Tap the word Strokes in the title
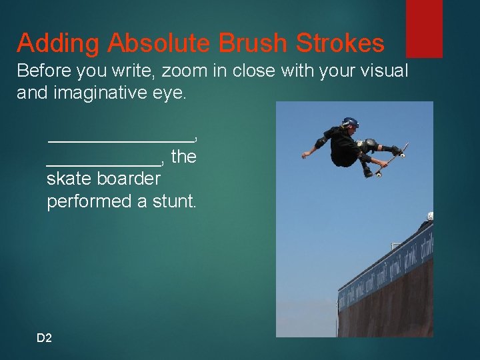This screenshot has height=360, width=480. [339, 43]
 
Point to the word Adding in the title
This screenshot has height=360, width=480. [59, 43]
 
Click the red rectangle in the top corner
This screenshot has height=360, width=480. [424, 29]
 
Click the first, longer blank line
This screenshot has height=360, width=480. [120, 139]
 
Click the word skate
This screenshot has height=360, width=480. [69, 179]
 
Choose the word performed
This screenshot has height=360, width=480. [89, 201]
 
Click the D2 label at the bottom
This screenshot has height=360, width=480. [44, 338]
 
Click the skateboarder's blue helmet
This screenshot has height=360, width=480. [351, 123]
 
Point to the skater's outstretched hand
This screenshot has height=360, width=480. [305, 154]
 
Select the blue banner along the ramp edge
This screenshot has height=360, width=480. [387, 267]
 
